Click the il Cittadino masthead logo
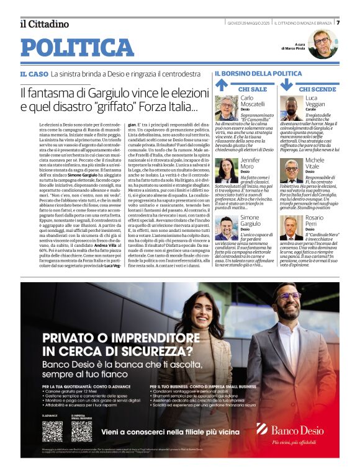pyautogui.click(x=44, y=24)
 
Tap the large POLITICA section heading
pyautogui.click(x=77, y=48)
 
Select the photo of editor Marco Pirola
pyautogui.click(x=322, y=43)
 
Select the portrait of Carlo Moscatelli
pyautogui.click(x=226, y=107)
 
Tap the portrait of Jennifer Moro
pyautogui.click(x=226, y=169)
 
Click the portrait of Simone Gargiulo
pyautogui.click(x=226, y=227)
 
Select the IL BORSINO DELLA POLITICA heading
pyautogui.click(x=258, y=74)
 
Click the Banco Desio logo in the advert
pyautogui.click(x=290, y=429)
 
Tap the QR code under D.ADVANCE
pyautogui.click(x=52, y=431)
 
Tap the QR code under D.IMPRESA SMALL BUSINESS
pyautogui.click(x=81, y=431)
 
